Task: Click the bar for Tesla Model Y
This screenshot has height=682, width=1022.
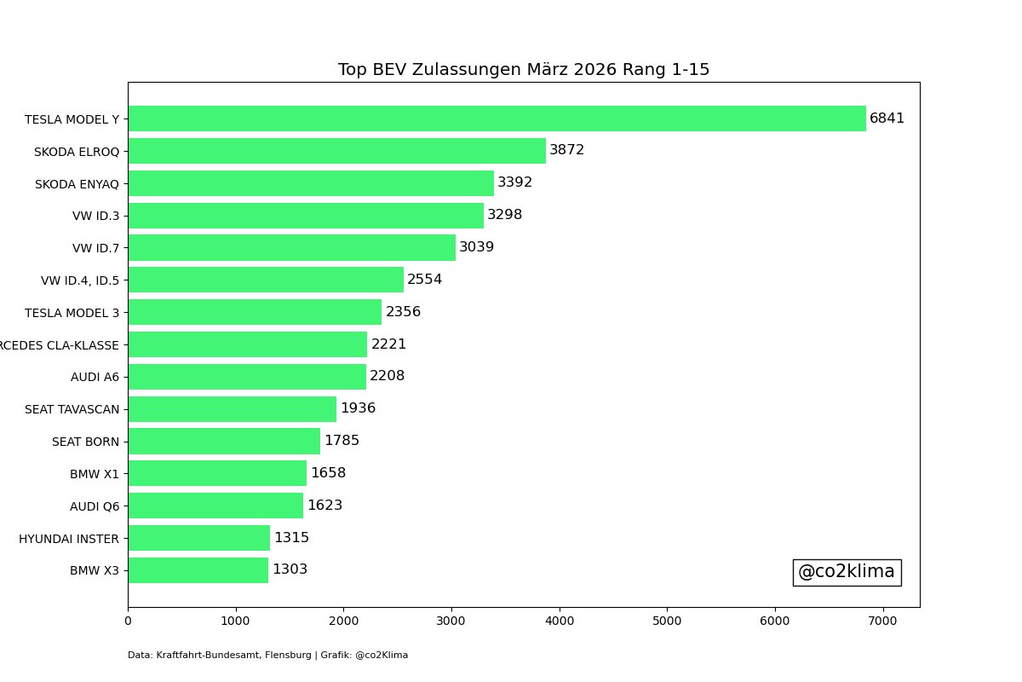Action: (x=497, y=118)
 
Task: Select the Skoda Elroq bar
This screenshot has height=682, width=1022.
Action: (x=336, y=151)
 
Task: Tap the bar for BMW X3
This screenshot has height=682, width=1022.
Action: (x=198, y=570)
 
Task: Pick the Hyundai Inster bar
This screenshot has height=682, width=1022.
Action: (x=198, y=538)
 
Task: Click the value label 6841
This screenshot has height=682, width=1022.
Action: (x=887, y=118)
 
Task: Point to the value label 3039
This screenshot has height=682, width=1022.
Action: (x=476, y=247)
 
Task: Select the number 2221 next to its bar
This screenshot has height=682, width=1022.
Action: (x=388, y=344)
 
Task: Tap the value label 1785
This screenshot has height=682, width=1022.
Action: (x=342, y=441)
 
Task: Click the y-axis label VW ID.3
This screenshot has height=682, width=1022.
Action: (x=95, y=216)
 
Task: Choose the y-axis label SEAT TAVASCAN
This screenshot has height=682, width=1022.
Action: (x=72, y=409)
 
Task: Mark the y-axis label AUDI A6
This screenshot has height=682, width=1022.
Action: (x=95, y=377)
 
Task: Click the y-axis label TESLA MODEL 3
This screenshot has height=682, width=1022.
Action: (x=72, y=313)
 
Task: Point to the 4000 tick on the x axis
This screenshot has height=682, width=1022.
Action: (x=560, y=621)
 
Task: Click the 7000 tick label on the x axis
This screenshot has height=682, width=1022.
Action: (x=882, y=621)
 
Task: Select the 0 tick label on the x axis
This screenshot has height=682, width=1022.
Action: (x=128, y=621)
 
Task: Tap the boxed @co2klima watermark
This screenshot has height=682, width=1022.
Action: (x=847, y=572)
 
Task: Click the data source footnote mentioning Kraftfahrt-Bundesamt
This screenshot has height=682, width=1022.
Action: (x=267, y=655)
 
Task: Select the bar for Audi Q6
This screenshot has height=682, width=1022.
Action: (x=215, y=506)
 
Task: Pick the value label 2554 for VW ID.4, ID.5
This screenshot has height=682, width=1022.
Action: (x=424, y=280)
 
